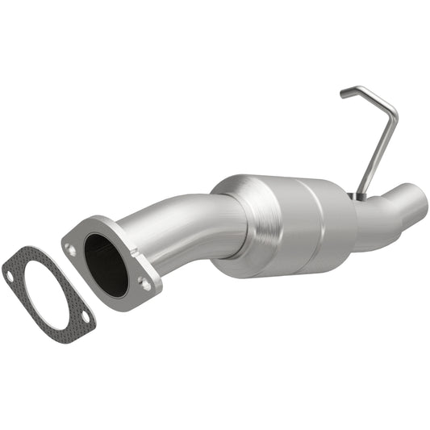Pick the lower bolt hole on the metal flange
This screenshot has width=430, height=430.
(x=144, y=283)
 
